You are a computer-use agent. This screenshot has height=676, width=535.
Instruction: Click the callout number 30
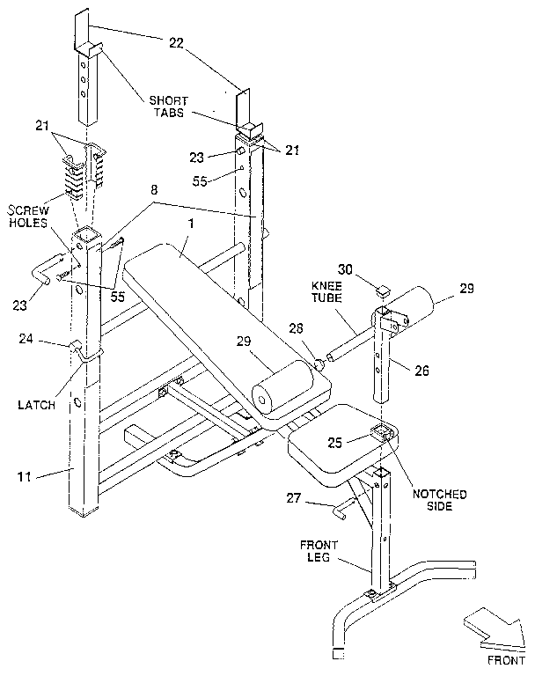click(x=347, y=268)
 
